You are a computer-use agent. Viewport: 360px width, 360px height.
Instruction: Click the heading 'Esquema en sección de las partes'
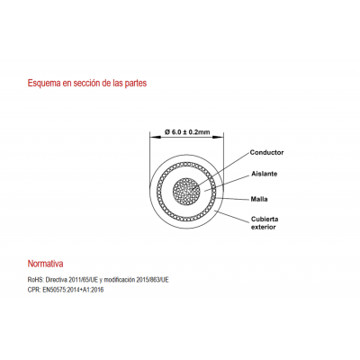point(87,83)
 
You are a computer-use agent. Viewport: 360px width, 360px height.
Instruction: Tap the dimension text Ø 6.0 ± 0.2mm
point(187,131)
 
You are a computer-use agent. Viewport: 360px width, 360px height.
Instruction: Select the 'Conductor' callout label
point(266,152)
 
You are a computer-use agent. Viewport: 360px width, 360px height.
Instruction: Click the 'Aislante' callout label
point(265,174)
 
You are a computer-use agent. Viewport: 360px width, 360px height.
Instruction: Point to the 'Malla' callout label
point(259,199)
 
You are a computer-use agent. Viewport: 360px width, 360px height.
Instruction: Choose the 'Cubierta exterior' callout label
point(265,223)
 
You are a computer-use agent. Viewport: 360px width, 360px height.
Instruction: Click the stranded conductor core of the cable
point(186,192)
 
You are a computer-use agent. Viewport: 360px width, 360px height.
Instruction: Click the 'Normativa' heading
point(45,264)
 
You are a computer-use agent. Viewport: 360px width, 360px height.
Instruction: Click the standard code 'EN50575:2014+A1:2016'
point(73,290)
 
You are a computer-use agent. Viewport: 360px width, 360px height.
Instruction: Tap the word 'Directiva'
point(57,280)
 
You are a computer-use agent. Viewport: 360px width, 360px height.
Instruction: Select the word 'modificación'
point(119,280)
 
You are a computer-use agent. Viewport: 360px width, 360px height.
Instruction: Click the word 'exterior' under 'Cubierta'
point(264,227)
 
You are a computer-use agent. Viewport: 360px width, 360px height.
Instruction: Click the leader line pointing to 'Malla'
point(232,199)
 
